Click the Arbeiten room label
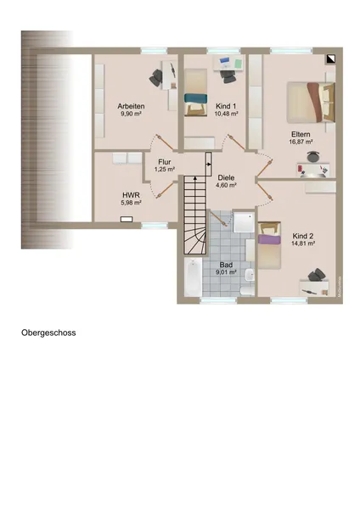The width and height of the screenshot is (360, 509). [131, 106]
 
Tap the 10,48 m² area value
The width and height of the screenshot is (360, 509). [226, 114]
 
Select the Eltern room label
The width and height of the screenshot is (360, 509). [301, 134]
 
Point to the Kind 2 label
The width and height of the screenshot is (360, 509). [303, 236]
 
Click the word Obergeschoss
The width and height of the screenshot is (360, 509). [48, 333]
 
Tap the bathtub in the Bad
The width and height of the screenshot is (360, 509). [193, 277]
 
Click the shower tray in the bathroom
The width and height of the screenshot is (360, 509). [244, 222]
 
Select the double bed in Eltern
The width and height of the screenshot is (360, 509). [311, 103]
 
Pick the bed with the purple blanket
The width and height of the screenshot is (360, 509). [269, 245]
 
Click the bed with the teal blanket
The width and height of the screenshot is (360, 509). [196, 92]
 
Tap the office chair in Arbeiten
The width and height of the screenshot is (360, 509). [155, 77]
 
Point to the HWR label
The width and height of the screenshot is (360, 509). [132, 195]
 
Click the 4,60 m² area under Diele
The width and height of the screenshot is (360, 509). [226, 185]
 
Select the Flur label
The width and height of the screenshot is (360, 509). [165, 162]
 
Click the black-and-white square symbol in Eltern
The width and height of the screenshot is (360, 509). [331, 59]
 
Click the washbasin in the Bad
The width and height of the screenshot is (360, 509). [250, 275]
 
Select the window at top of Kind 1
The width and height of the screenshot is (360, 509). [224, 50]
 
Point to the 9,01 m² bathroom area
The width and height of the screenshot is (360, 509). [226, 272]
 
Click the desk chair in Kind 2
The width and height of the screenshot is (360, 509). [316, 276]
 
